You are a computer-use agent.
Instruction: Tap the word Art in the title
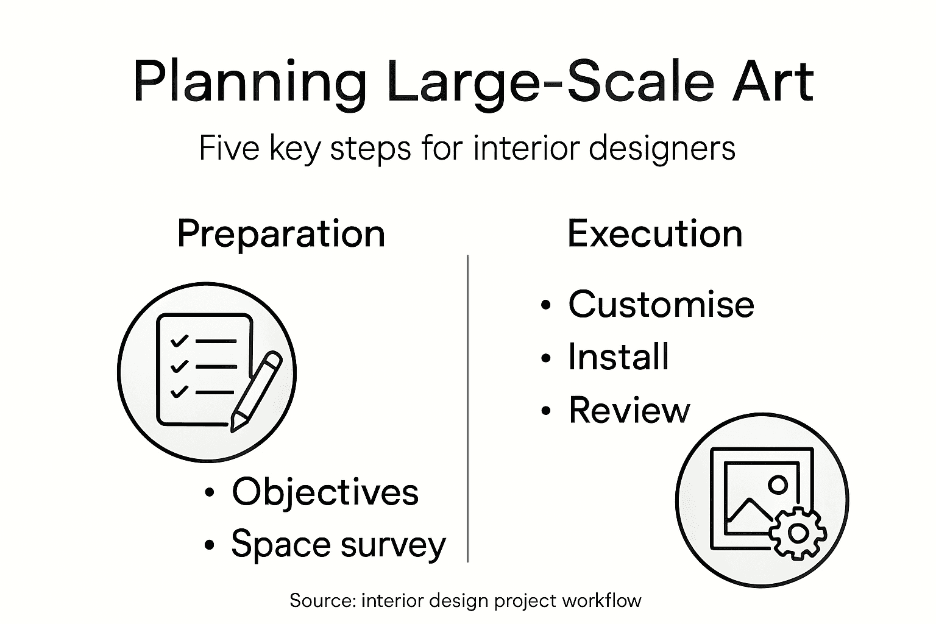tap(773, 81)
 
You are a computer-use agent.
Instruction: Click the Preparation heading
tap(281, 233)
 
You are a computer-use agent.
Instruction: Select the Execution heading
tap(655, 233)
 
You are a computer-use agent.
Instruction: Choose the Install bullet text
tap(619, 356)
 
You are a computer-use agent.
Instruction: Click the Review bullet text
tap(629, 410)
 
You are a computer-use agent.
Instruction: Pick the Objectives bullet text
tap(325, 492)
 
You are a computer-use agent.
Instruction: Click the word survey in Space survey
tap(393, 544)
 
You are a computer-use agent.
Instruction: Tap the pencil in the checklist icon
tap(256, 390)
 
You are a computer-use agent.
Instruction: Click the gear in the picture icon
tap(797, 533)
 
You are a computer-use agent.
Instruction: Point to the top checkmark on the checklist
tap(179, 340)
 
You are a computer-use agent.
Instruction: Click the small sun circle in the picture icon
tap(778, 484)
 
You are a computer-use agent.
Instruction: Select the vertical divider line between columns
tap(467, 408)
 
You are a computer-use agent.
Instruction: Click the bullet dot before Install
tap(546, 358)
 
